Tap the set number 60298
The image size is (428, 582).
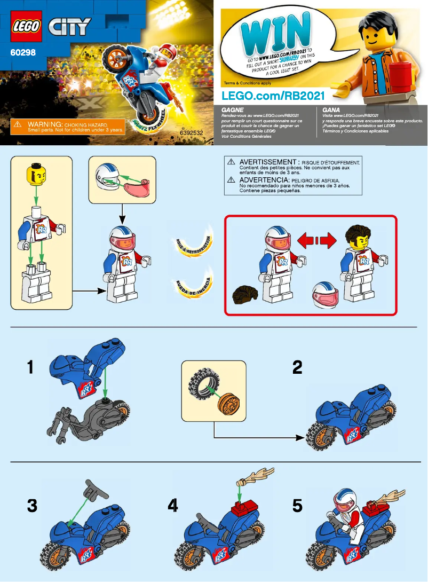(x=23, y=53)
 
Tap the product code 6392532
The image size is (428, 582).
(x=191, y=132)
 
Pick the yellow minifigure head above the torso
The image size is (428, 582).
(x=35, y=174)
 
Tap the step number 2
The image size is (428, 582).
(x=297, y=367)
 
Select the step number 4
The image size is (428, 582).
(x=172, y=505)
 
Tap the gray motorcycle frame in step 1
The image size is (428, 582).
(x=91, y=422)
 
